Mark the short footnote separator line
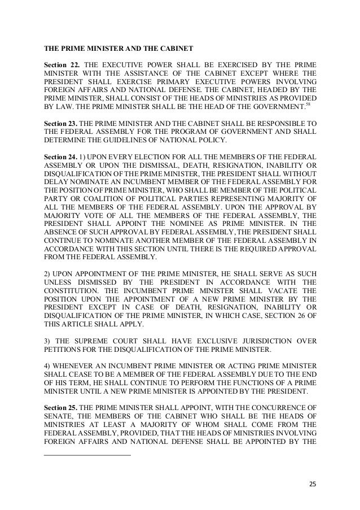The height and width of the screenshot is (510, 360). pos(87,455)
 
